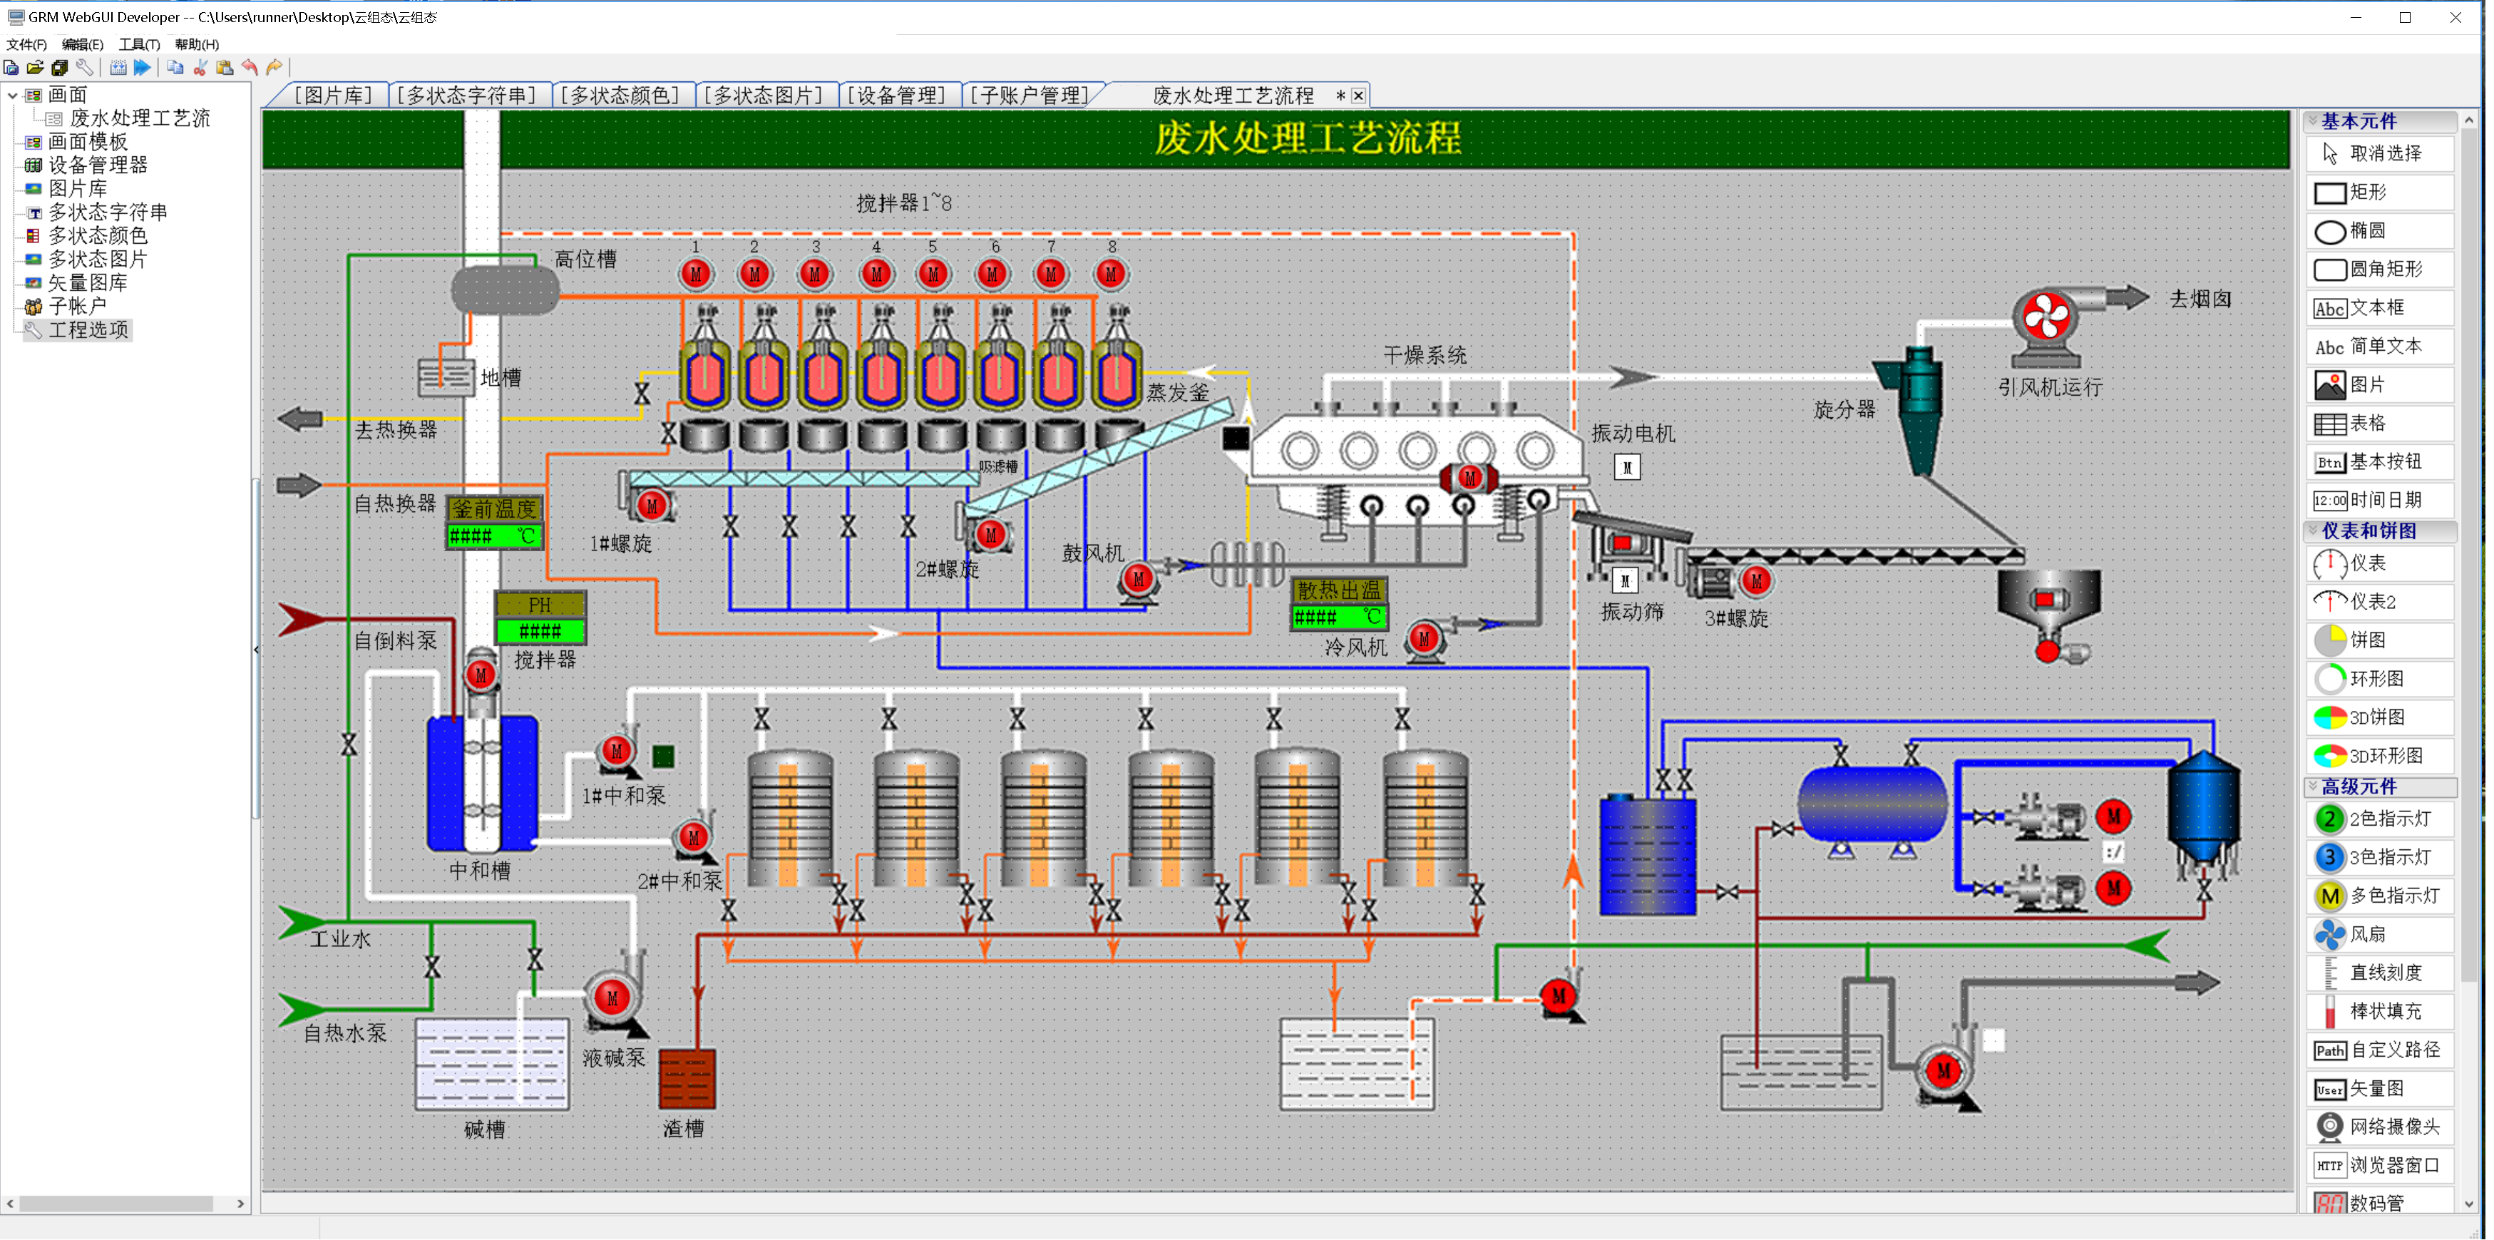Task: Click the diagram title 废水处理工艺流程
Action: coord(1306,138)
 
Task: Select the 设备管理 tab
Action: coord(898,95)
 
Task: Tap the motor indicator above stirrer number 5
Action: coord(933,274)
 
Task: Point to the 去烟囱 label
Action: coord(2200,299)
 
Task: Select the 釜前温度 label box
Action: coord(494,508)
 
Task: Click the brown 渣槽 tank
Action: coord(687,1078)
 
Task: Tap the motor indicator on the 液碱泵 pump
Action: coord(612,997)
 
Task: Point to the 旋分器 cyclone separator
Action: coord(1918,406)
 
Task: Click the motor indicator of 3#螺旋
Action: coord(1756,581)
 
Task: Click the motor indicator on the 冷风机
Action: coord(1423,639)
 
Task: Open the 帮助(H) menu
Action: coord(197,44)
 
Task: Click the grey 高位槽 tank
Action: coord(504,289)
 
